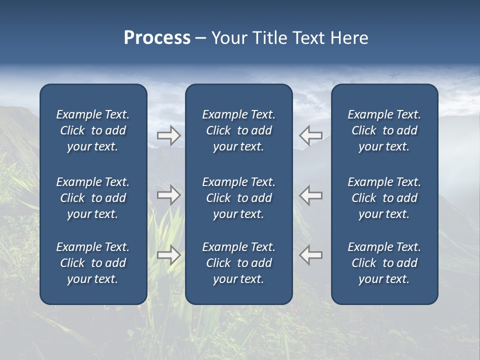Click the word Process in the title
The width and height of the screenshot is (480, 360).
coord(157,38)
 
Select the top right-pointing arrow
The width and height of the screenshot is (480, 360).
coord(169,135)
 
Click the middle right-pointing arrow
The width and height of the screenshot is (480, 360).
coord(169,195)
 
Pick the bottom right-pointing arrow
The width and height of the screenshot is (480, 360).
coord(169,255)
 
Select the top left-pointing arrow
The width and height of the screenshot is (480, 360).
coord(310,135)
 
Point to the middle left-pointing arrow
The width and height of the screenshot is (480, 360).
coord(310,195)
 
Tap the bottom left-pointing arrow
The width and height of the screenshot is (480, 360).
coord(310,255)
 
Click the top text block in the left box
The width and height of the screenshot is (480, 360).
coord(93,130)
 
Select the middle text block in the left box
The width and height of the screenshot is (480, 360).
coord(93,198)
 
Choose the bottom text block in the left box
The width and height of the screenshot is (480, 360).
coord(93,263)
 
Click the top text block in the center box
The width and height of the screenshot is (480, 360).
coord(238,130)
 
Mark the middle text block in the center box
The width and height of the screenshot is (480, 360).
coord(238,198)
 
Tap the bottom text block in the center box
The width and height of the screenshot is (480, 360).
coord(238,263)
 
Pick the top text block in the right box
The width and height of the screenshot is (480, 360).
coord(384,130)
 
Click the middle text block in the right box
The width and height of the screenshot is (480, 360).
coord(384,198)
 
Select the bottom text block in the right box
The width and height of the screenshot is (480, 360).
coord(384,263)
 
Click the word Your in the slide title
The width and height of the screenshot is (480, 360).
coord(228,38)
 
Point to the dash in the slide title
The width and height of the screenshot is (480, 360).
coord(200,38)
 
